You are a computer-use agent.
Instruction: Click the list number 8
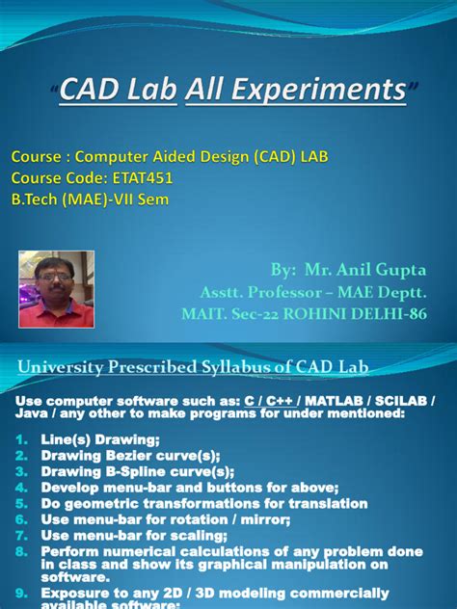coord(24,552)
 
